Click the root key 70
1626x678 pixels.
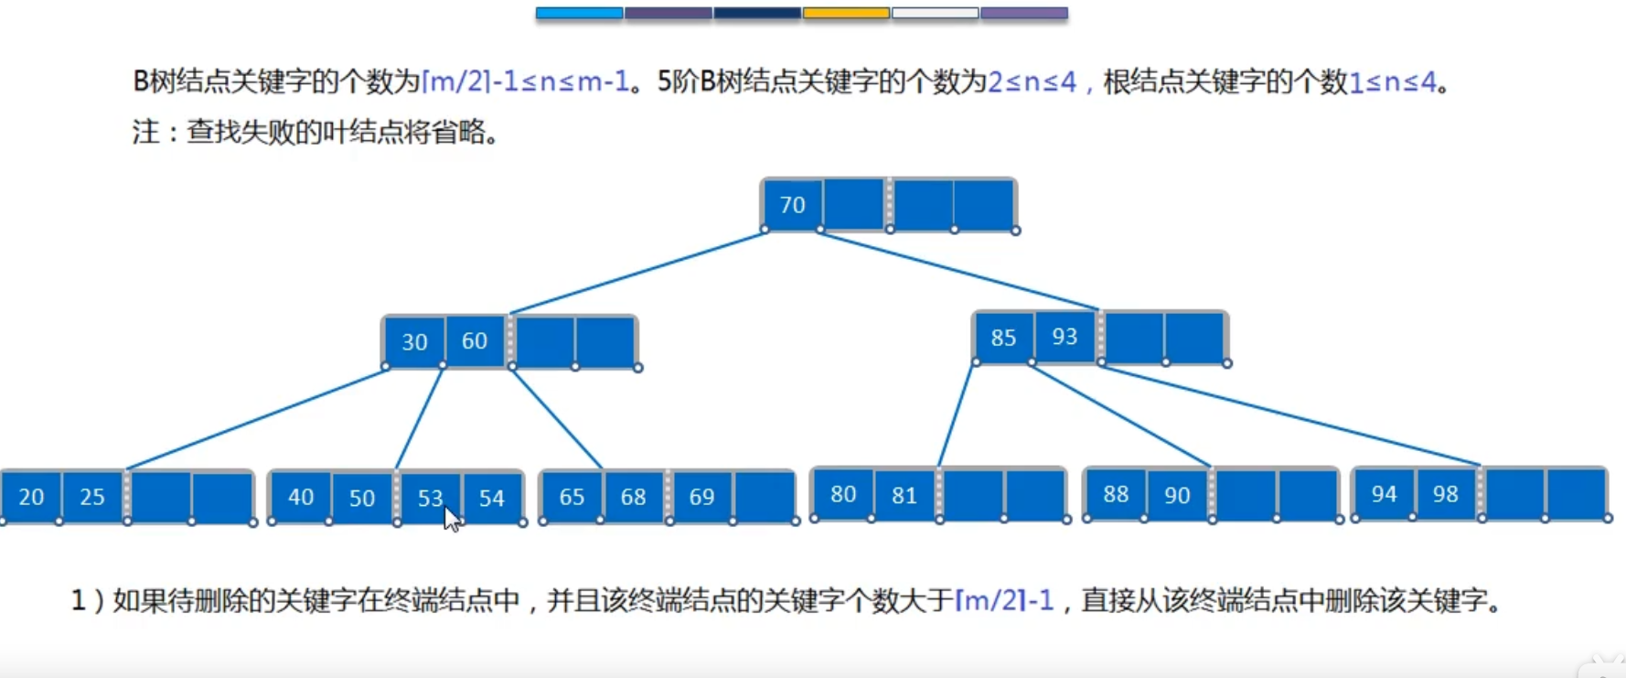click(x=792, y=204)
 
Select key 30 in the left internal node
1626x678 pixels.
click(x=414, y=341)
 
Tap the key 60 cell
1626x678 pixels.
click(x=475, y=340)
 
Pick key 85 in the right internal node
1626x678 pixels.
click(x=1003, y=338)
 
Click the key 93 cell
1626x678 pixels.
click(x=1064, y=337)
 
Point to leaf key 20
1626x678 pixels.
click(x=31, y=497)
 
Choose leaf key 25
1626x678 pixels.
click(x=92, y=497)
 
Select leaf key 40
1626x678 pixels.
click(x=301, y=497)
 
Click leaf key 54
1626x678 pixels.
click(x=492, y=498)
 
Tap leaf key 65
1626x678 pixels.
click(x=572, y=497)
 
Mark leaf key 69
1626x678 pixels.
click(x=701, y=497)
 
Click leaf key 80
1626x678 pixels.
click(x=843, y=494)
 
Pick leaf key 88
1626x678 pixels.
click(x=1116, y=494)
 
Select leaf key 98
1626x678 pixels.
click(x=1445, y=494)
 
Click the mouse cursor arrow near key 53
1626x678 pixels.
click(x=452, y=520)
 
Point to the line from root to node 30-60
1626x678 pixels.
click(x=637, y=273)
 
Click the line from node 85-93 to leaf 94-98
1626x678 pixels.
click(x=1289, y=415)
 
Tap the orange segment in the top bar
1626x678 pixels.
click(x=846, y=13)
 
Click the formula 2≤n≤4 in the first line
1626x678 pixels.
click(x=1032, y=82)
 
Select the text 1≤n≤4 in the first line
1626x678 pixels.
click(x=1393, y=82)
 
